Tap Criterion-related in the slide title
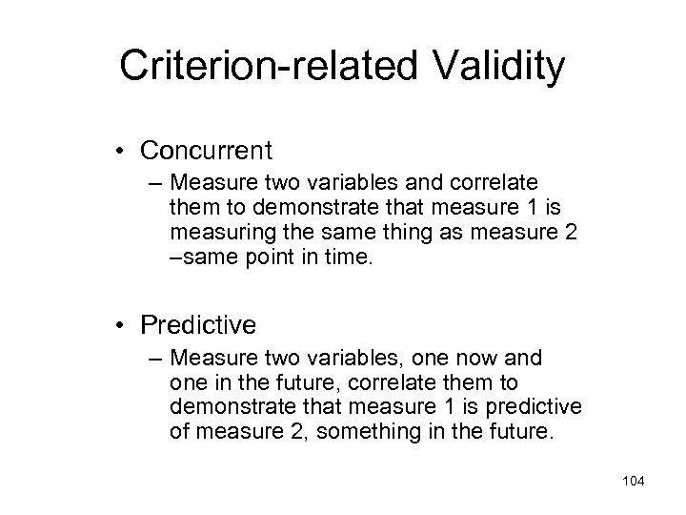(250, 68)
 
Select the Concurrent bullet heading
(206, 151)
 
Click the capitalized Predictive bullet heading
(198, 325)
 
